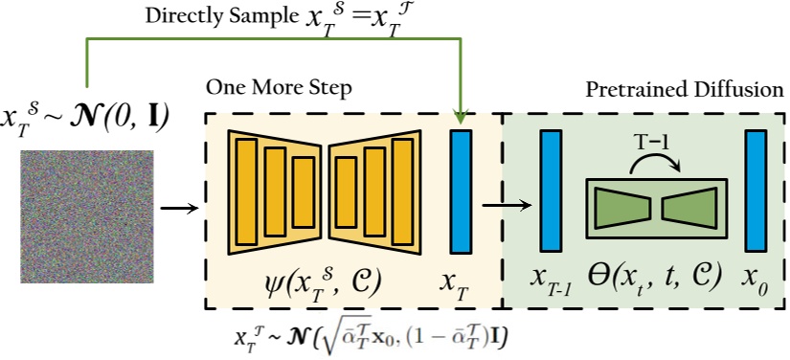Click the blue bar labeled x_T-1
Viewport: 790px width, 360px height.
click(552, 191)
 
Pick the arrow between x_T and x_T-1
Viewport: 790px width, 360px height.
click(507, 203)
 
